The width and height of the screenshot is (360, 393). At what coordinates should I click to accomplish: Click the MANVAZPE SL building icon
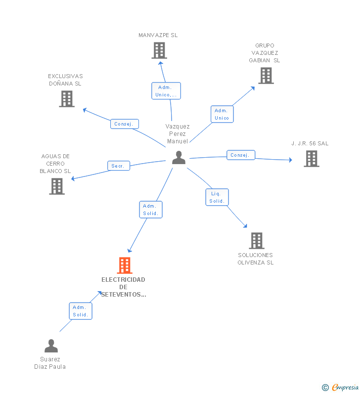159,50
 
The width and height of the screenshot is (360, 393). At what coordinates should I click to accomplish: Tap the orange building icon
125,265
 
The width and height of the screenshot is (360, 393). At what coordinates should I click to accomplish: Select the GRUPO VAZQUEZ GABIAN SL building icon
266,76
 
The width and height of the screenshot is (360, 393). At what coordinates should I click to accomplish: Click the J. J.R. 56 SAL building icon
312,158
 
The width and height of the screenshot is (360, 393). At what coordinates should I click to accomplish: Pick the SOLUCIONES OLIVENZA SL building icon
257,241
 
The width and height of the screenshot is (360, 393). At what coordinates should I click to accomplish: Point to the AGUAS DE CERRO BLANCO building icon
57,186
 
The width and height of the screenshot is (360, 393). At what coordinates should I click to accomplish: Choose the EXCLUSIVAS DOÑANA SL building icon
67,99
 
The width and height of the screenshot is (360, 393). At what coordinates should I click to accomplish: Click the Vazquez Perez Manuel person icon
179,157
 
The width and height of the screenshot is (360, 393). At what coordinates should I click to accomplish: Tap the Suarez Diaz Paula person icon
51,346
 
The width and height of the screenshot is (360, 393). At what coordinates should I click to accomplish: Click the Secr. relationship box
119,166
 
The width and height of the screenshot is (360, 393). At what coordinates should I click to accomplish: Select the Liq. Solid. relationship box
217,197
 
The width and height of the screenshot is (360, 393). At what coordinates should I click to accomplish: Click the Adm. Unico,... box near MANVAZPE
166,91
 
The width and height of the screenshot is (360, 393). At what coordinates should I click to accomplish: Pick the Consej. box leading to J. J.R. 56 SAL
241,155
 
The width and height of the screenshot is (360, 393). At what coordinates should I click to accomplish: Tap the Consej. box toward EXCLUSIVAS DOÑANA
125,124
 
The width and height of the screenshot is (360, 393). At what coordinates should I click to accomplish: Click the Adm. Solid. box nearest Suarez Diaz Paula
81,311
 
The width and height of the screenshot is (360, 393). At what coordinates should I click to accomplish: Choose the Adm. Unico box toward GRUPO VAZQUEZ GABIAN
222,114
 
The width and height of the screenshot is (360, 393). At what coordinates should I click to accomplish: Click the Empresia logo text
345,388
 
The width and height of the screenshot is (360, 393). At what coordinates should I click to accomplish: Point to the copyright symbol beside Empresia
325,388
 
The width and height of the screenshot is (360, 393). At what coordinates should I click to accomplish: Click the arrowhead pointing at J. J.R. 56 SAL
291,160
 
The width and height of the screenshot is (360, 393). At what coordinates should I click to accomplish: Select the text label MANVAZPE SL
158,35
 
